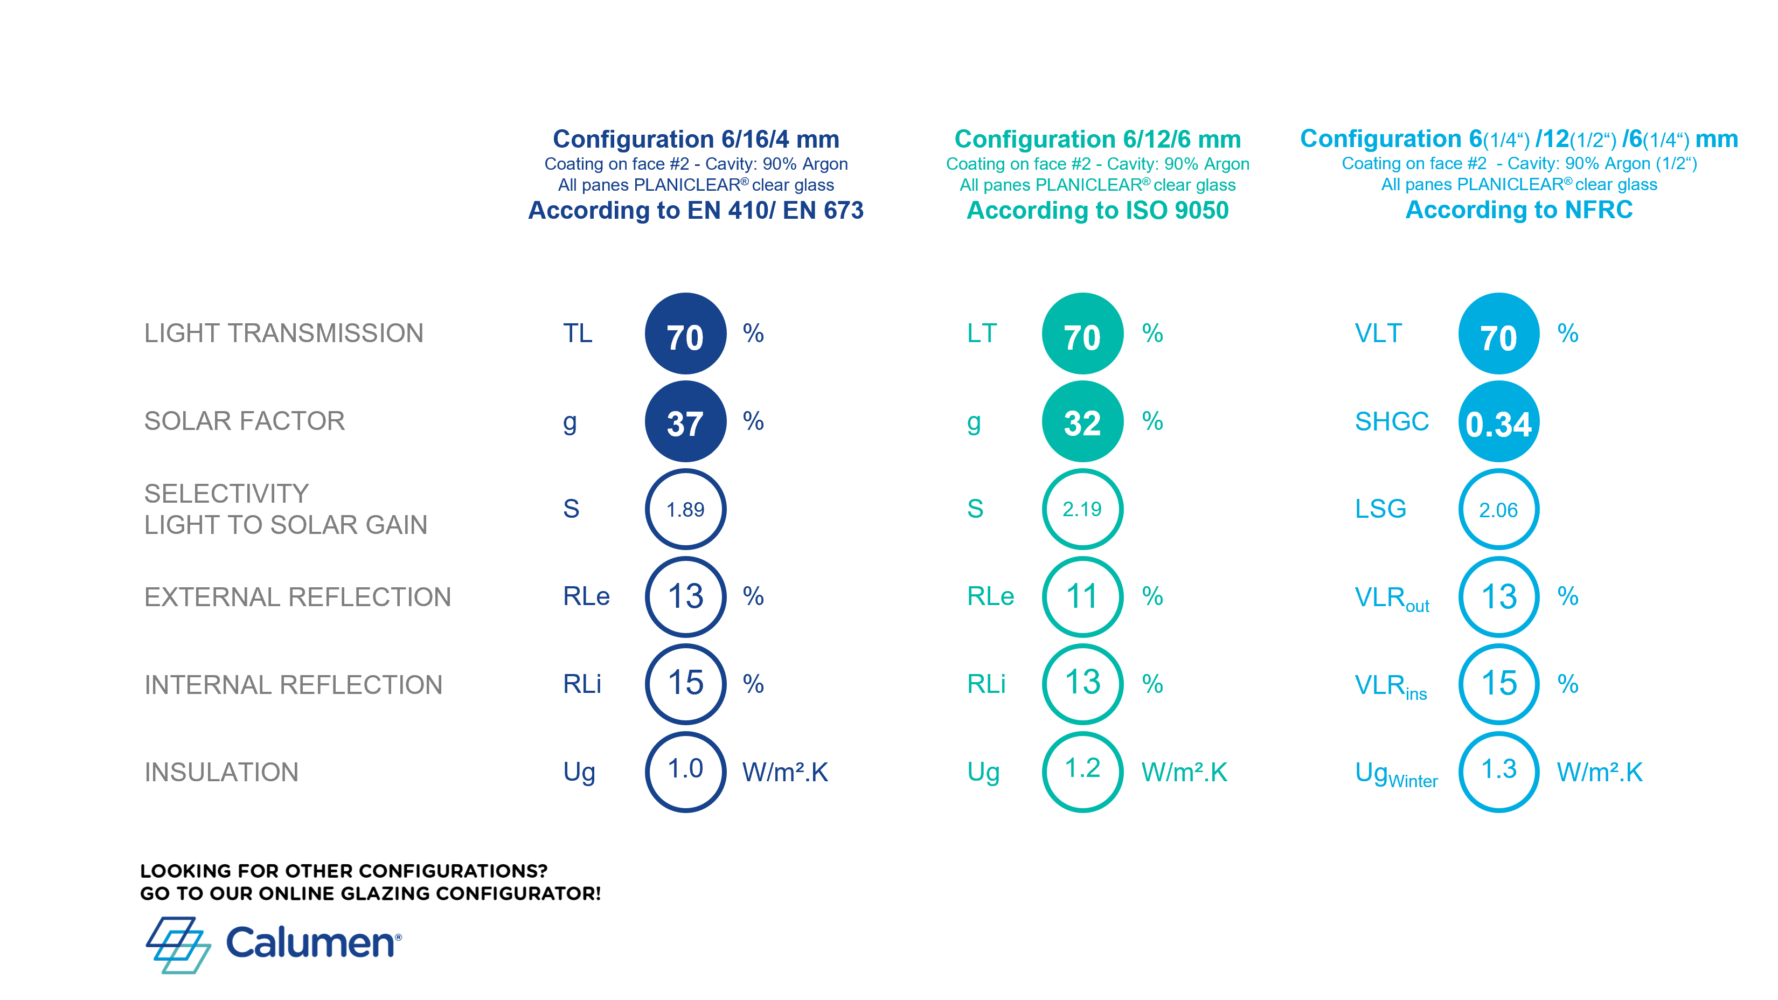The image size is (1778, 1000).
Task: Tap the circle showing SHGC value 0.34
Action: coord(1498,422)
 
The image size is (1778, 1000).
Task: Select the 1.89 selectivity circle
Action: coord(685,509)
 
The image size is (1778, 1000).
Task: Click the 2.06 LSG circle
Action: coord(1498,509)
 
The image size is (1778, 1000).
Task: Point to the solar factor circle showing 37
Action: coord(685,422)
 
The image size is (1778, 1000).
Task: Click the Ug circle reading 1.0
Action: coord(685,771)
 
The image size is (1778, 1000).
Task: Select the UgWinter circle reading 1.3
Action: coord(1498,771)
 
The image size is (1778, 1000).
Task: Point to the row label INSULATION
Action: coord(221,772)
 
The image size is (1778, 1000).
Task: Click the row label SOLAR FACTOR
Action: coord(244,421)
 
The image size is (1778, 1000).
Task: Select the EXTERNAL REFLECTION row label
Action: coord(297,597)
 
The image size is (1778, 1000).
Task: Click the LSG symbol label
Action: coord(1380,509)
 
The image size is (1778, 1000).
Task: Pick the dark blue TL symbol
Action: coord(577,334)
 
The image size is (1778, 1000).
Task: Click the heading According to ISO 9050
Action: coord(1098,210)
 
